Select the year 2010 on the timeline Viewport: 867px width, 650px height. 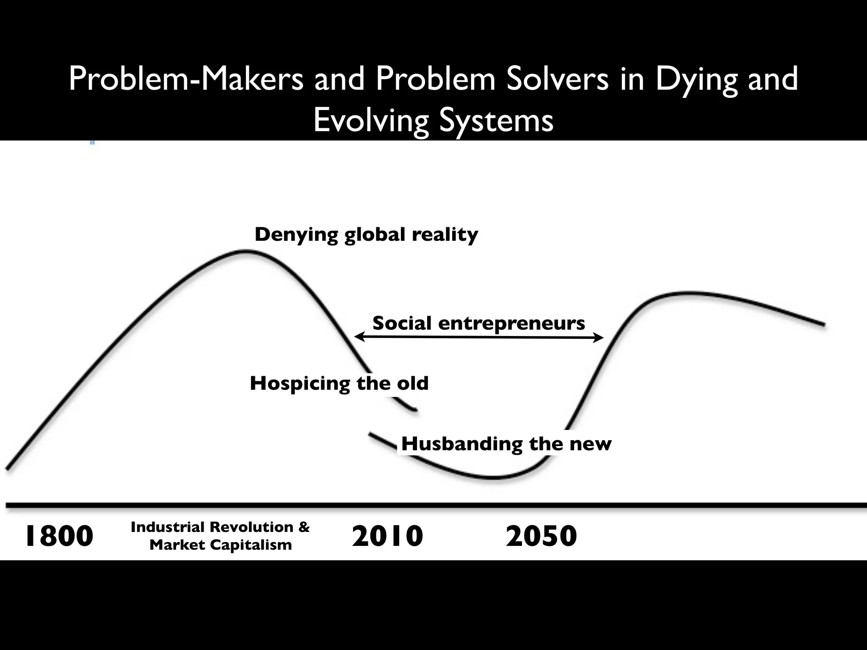click(x=387, y=536)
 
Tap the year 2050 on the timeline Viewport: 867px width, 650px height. click(x=541, y=536)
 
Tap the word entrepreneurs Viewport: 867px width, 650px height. click(x=511, y=324)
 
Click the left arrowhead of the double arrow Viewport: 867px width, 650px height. click(x=358, y=337)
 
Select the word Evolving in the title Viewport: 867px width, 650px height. click(x=371, y=120)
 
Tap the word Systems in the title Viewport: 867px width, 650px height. click(x=496, y=120)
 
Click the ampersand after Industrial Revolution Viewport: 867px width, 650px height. click(x=304, y=527)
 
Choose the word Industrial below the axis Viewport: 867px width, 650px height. click(x=168, y=527)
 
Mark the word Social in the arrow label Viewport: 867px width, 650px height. click(x=403, y=324)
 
